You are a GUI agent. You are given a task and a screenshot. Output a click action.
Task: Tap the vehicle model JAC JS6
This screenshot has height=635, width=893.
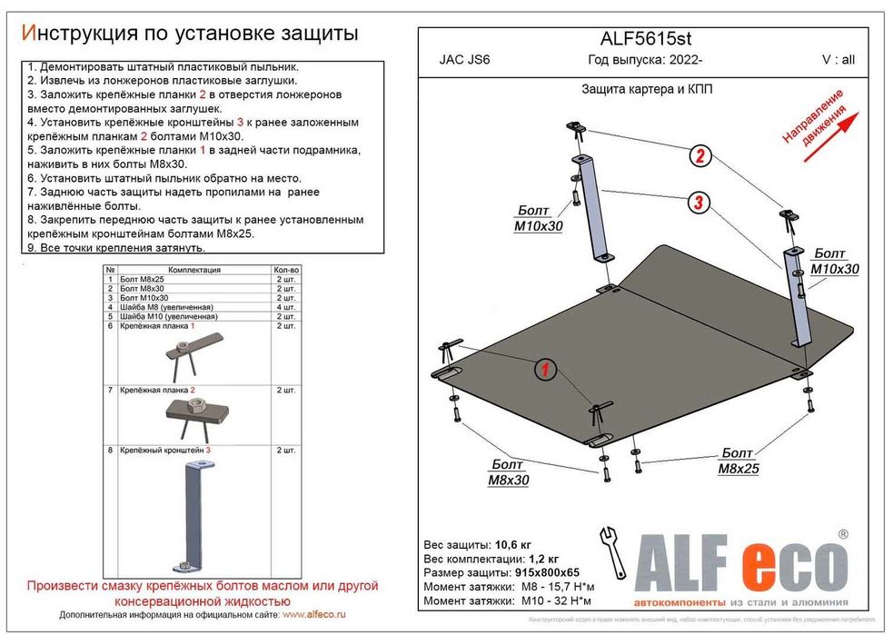[x=464, y=62]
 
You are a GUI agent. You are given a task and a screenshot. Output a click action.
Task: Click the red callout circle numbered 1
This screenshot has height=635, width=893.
[x=544, y=370]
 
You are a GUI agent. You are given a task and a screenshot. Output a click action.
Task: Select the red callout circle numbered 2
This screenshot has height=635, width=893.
[x=700, y=156]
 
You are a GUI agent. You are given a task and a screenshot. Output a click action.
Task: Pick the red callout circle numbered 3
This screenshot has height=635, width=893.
[x=699, y=202]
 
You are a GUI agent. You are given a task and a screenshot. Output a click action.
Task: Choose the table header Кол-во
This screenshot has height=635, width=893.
[x=286, y=270]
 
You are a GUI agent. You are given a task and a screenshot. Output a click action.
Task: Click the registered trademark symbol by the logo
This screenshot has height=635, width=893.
[x=843, y=533]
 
